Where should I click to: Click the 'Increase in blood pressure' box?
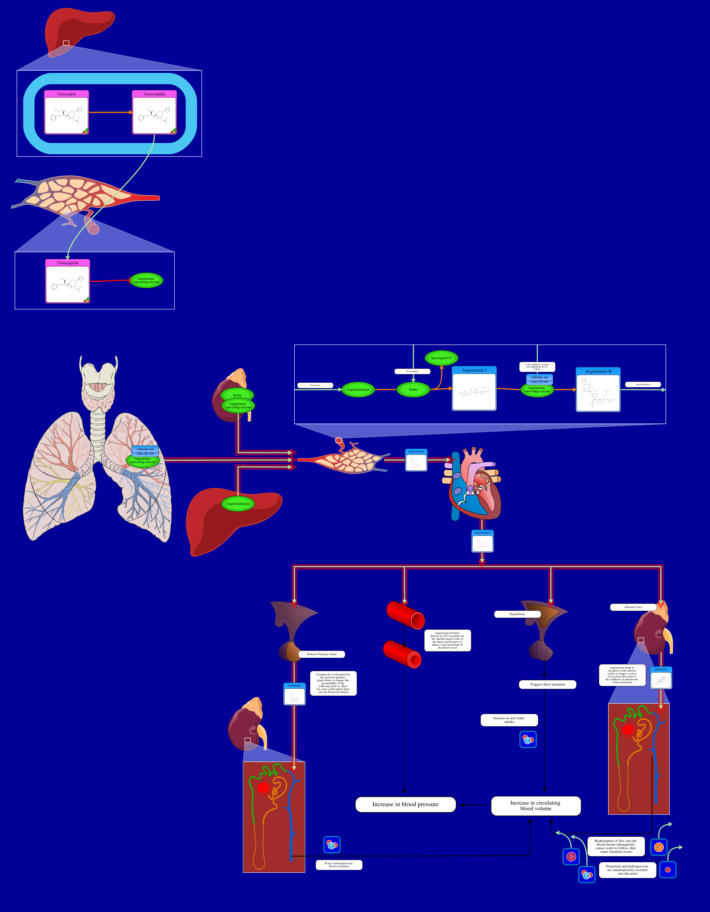(405, 804)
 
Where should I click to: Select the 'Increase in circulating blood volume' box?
(536, 805)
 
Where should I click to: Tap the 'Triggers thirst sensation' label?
(547, 684)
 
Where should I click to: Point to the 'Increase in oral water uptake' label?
(509, 720)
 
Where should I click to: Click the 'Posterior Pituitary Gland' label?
(321, 654)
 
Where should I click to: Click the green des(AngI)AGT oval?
(441, 358)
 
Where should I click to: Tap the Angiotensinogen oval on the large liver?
(238, 504)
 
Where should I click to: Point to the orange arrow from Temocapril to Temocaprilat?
(110, 112)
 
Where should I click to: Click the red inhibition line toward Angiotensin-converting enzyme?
(110, 281)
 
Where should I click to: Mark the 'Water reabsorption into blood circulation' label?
(339, 865)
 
